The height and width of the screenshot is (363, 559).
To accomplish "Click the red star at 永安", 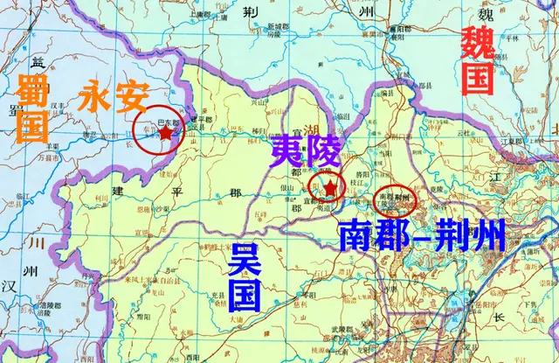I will [x=166, y=133].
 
